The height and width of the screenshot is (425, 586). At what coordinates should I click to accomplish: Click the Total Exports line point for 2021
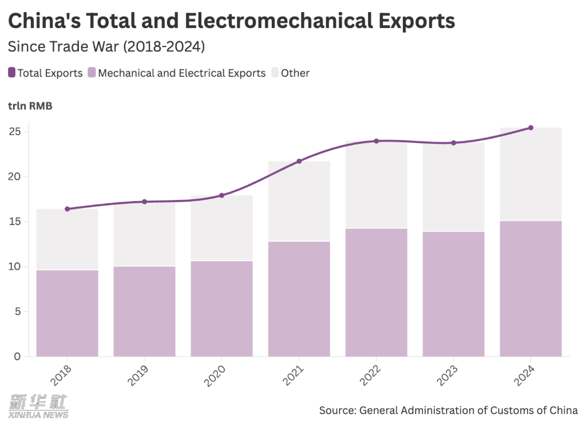pos(299,162)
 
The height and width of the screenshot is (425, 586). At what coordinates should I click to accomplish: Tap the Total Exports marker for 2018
pos(67,209)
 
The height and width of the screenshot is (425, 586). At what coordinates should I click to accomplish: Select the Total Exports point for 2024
pos(530,128)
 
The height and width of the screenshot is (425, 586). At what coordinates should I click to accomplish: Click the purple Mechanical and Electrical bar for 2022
pos(376,292)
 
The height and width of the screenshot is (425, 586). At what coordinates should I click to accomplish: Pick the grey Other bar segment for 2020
pos(221,228)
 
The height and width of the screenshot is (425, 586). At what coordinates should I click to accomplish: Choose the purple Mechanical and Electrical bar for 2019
pos(144,311)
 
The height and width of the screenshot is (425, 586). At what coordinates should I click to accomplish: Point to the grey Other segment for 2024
pos(530,174)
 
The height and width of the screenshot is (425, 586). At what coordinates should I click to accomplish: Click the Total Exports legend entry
pos(46,73)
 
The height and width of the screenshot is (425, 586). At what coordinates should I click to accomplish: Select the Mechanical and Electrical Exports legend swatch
pos(92,73)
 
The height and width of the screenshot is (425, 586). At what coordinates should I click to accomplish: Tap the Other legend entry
pos(291,73)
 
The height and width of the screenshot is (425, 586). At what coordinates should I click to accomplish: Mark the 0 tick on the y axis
pos(17,356)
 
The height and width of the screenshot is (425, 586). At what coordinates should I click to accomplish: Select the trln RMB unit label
pos(30,105)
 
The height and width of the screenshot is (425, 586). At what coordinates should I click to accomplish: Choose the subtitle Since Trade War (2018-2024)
pos(106,46)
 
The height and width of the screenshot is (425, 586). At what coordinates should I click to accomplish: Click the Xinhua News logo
pos(38,406)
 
